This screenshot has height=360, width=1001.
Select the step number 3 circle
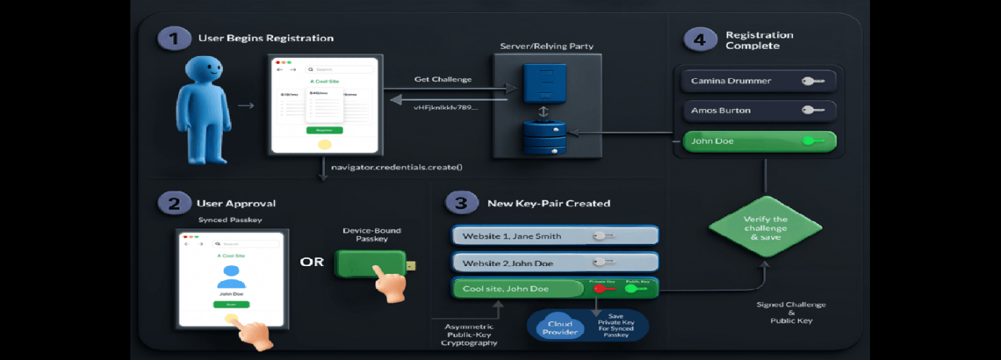(459, 203)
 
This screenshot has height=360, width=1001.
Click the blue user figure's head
(207, 75)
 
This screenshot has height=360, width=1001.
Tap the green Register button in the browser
(325, 129)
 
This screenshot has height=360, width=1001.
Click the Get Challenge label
(443, 80)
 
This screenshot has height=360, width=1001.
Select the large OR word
(312, 262)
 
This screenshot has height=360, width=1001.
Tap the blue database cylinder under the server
(542, 139)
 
